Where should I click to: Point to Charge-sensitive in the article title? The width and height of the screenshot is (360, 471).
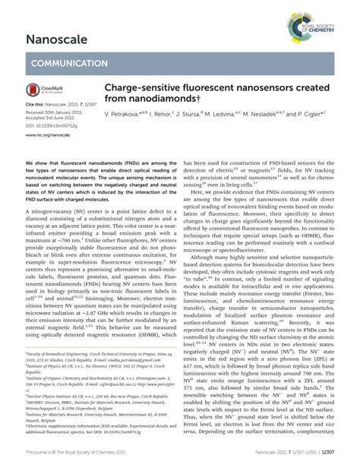pos(136,88)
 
